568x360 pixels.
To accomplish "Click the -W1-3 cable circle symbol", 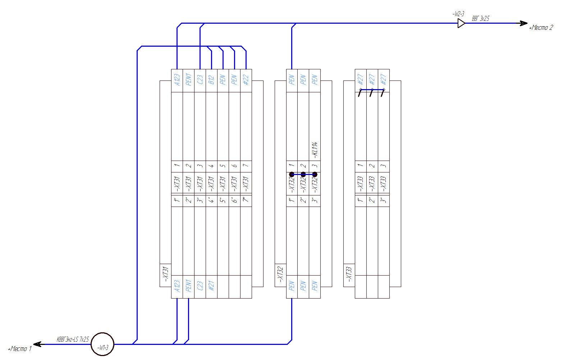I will pos(102,344).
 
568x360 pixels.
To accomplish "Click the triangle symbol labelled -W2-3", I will pos(461,23).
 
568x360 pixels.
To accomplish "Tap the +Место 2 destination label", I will pos(541,28).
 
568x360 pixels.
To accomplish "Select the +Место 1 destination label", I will pos(20,349).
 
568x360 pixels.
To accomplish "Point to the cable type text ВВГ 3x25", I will pos(480,18).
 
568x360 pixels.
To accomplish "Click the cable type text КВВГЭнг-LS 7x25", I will pos(73,339).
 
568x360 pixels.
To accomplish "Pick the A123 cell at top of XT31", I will pos(177,80).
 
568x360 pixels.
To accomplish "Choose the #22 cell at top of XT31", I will pos(246,80).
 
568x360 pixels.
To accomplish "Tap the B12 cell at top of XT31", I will pos(211,80).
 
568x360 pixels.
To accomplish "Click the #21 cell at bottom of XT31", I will pos(211,286).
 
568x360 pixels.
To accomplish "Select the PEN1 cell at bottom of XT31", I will pos(188,286).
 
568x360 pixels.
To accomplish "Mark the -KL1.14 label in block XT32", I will pos(315,150).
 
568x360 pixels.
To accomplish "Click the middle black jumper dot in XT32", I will pos(303,175).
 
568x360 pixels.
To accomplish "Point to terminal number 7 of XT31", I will pos(246,166).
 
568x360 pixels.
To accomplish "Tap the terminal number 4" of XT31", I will pos(211,200).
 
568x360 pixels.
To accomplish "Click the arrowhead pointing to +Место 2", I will pos(523,23).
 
